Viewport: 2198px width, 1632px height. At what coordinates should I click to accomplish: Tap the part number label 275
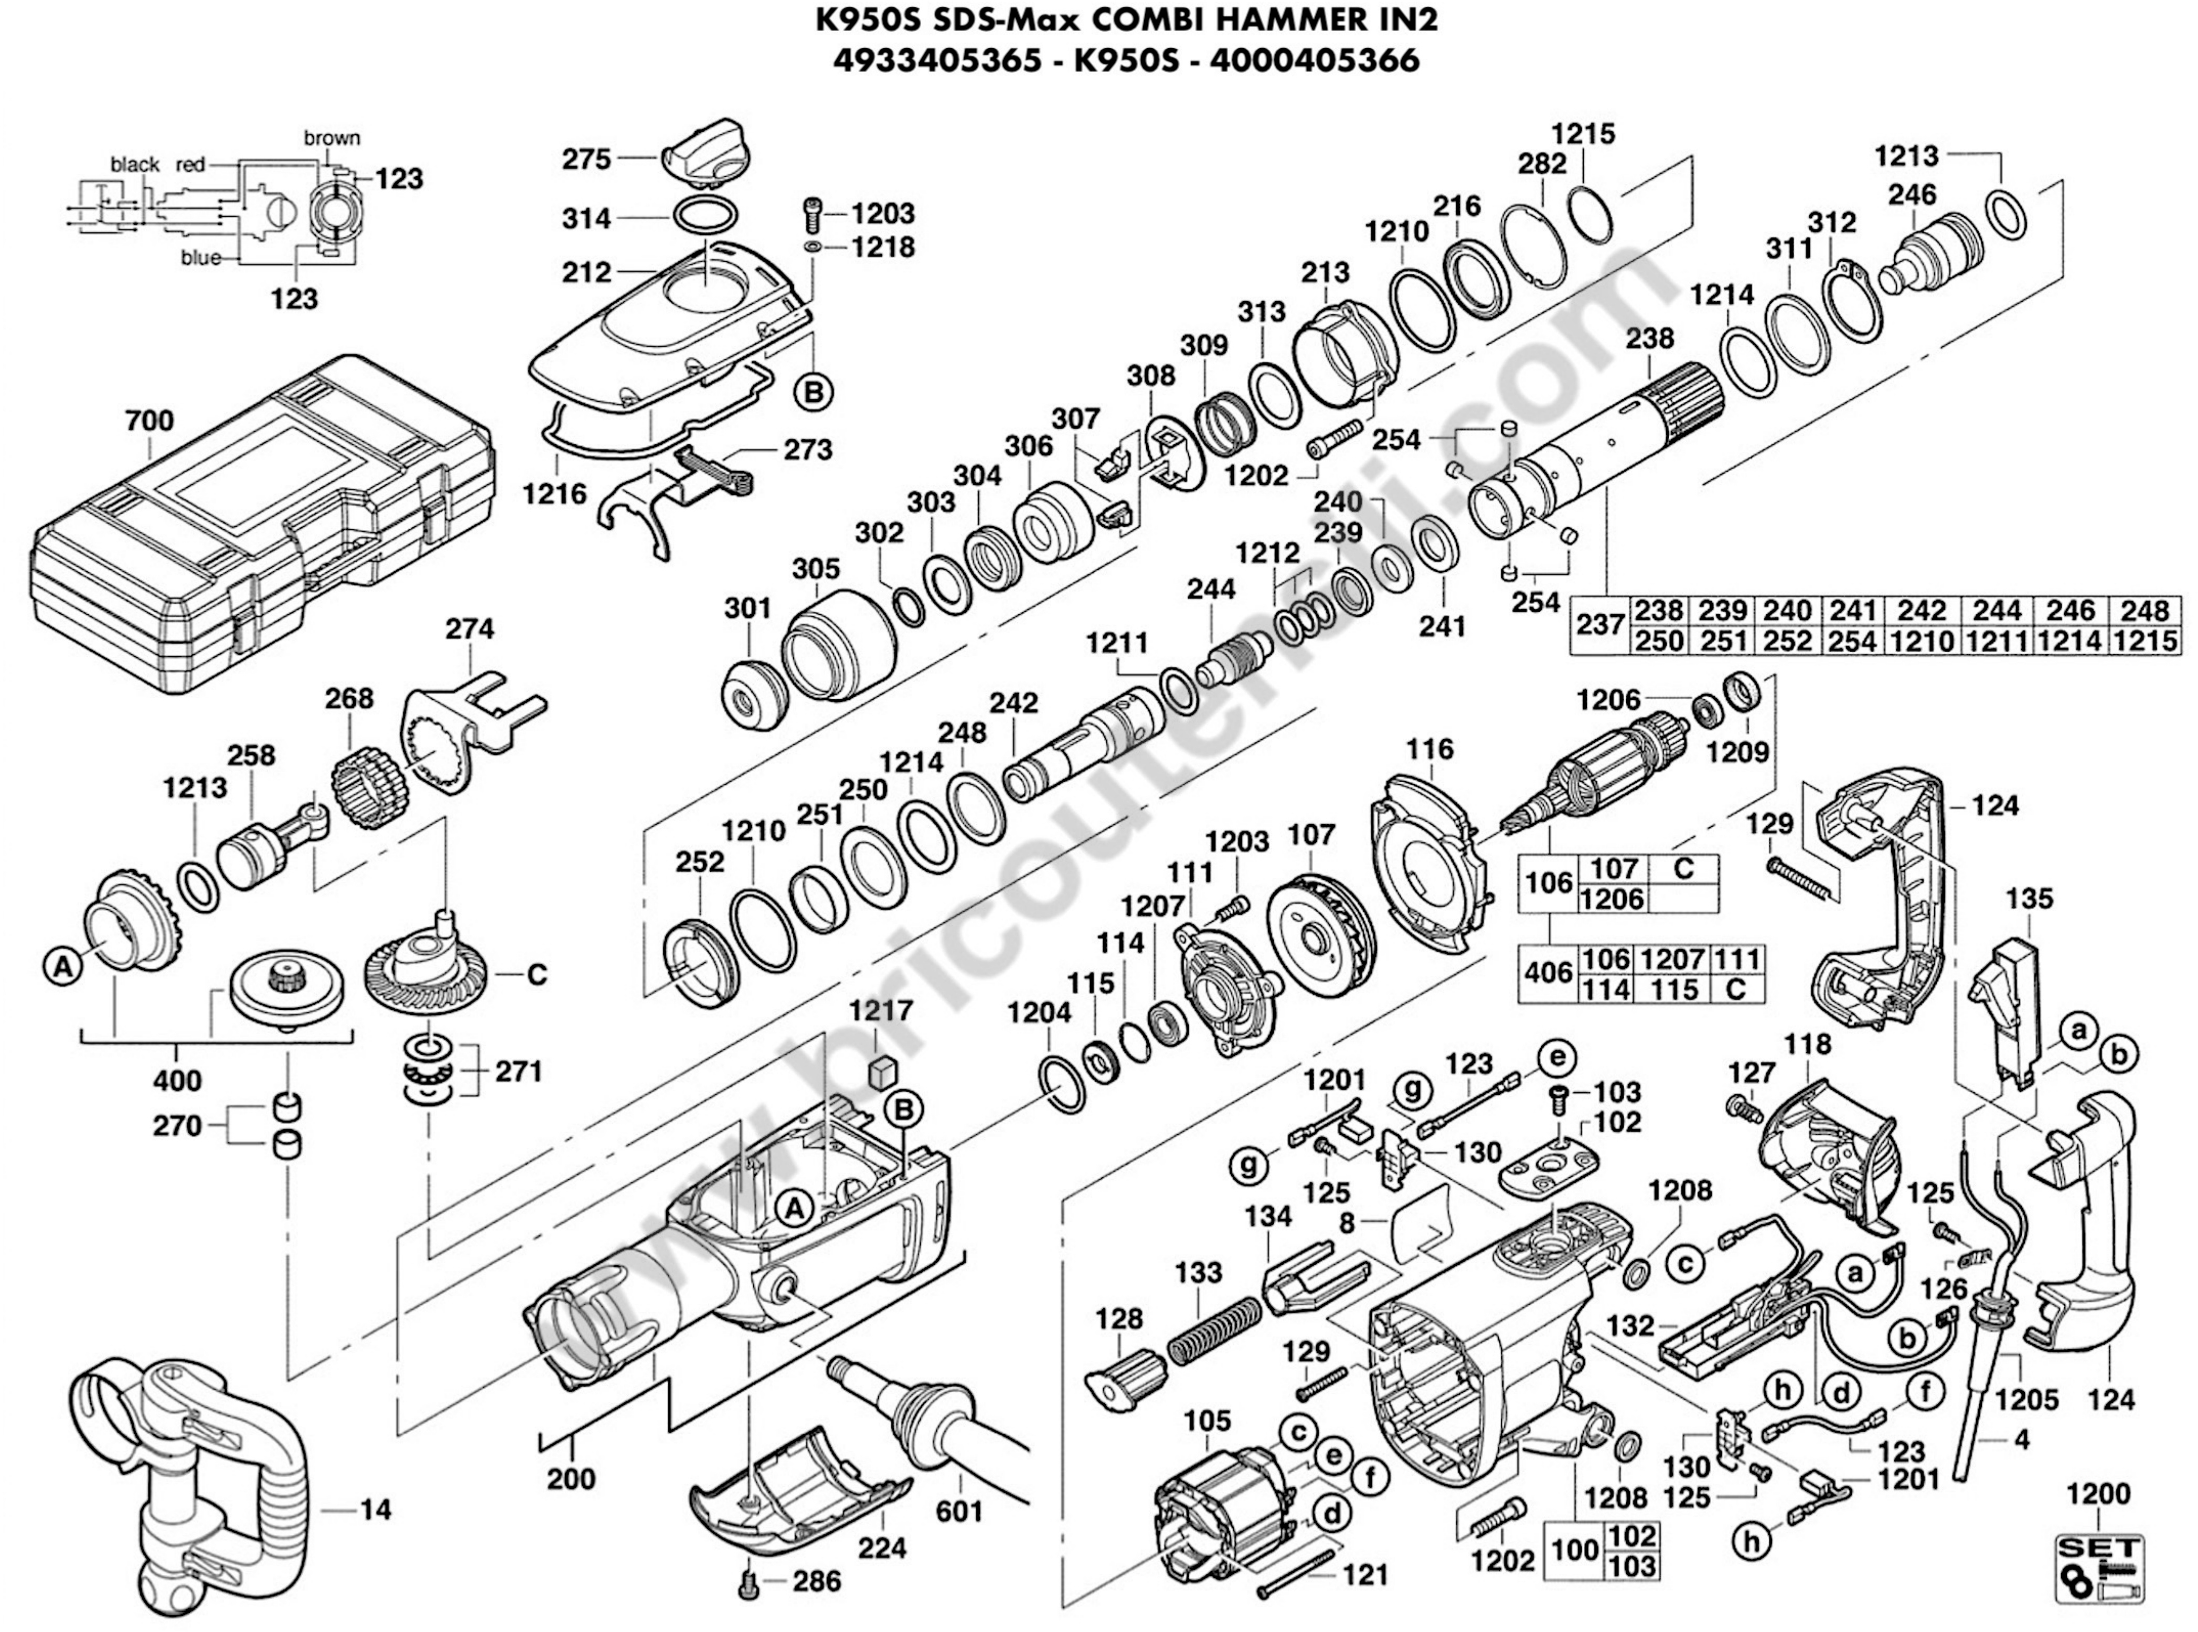[588, 158]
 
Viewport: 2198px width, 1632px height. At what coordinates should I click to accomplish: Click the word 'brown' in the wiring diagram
[332, 138]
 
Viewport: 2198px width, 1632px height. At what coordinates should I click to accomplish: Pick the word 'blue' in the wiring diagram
[200, 259]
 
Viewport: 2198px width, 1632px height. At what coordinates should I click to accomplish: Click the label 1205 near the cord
[2024, 1399]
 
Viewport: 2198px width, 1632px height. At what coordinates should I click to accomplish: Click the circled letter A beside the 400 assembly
[62, 969]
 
